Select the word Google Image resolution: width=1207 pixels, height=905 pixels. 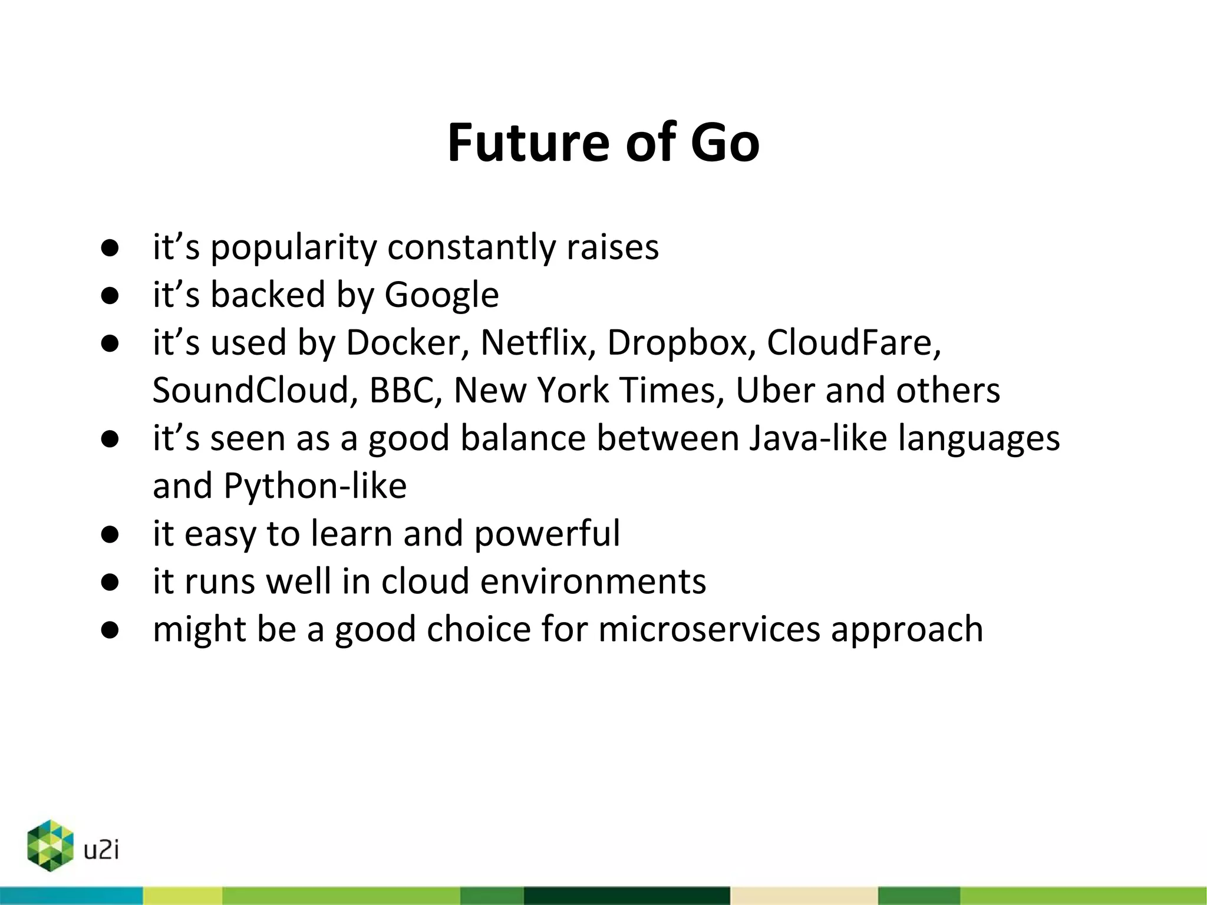pos(441,295)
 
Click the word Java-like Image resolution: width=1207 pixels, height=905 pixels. pos(818,438)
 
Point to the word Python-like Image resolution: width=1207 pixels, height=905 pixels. pos(315,486)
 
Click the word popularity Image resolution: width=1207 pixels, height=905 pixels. pos(293,247)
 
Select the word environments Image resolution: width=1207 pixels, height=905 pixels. pos(593,582)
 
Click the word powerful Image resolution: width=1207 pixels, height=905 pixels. pos(546,534)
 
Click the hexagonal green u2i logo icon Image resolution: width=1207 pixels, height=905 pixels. pos(50,845)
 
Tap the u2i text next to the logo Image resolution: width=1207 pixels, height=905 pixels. pos(101,850)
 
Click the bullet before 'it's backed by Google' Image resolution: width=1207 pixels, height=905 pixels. pos(110,296)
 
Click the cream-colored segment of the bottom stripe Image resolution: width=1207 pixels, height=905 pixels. pos(803,896)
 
